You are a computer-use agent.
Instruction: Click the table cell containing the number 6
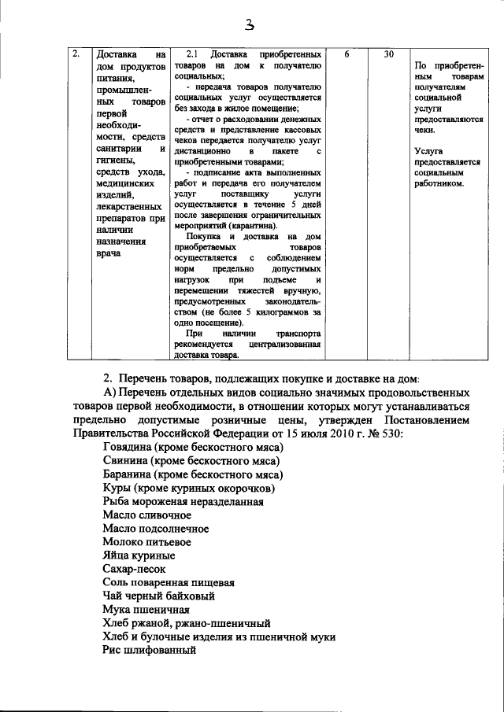click(x=347, y=56)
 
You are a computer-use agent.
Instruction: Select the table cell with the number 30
click(x=389, y=56)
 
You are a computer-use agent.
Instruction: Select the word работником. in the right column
click(x=439, y=183)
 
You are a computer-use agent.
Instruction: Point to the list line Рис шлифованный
click(x=149, y=650)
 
